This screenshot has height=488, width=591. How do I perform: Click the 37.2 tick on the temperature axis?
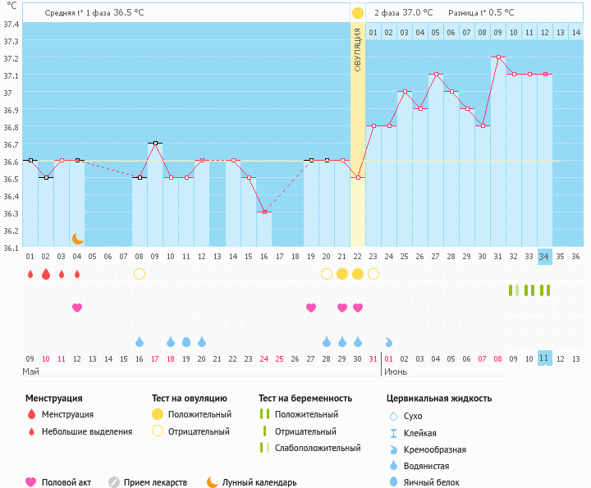coord(11,59)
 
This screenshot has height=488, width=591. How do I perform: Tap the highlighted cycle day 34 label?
coord(544,257)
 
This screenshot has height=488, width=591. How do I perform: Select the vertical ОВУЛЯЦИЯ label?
coord(358,49)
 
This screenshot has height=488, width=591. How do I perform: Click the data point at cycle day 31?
coord(498,57)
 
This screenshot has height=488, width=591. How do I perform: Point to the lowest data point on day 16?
coord(264,212)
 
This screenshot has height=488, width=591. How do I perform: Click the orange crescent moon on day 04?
coord(77,238)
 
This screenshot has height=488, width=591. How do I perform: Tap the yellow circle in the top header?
coord(358,13)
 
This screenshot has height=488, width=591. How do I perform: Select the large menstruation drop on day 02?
coord(46,274)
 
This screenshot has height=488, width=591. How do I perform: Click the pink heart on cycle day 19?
coord(311,308)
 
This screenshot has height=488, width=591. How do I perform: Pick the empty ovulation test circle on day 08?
coord(140,274)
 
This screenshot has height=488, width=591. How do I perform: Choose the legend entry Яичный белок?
coord(428,483)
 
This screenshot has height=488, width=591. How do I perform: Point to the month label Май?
coord(30,372)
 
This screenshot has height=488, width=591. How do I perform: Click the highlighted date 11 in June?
coord(544,358)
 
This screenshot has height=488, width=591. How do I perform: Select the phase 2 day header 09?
coord(498,32)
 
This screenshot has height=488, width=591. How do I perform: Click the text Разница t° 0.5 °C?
coord(481,13)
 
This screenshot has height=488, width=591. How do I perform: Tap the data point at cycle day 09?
coord(155,143)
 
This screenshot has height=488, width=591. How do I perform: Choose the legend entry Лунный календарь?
coord(251,483)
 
